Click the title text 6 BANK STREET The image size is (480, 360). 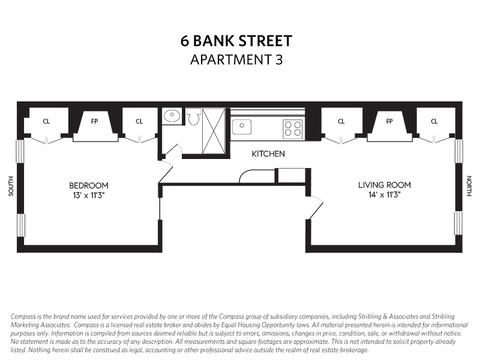coord(236,41)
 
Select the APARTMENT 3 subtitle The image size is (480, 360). coord(236,59)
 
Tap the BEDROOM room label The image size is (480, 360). coord(88,185)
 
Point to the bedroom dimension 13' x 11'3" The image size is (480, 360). coord(88,195)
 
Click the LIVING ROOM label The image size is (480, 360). coord(385,185)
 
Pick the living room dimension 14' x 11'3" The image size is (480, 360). coord(385,195)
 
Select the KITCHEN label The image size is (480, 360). coord(268,154)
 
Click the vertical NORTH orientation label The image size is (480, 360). coord(469,186)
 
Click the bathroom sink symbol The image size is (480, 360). coord(172,115)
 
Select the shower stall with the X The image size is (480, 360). coord(214,130)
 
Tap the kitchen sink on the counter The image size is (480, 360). coord(242,127)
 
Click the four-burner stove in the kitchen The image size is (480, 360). coord(293,128)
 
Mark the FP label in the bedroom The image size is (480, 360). coord(95,121)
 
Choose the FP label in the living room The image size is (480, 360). coord(389,121)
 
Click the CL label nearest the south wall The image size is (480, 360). coord(46,121)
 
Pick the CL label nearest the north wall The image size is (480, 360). coord(434,121)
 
